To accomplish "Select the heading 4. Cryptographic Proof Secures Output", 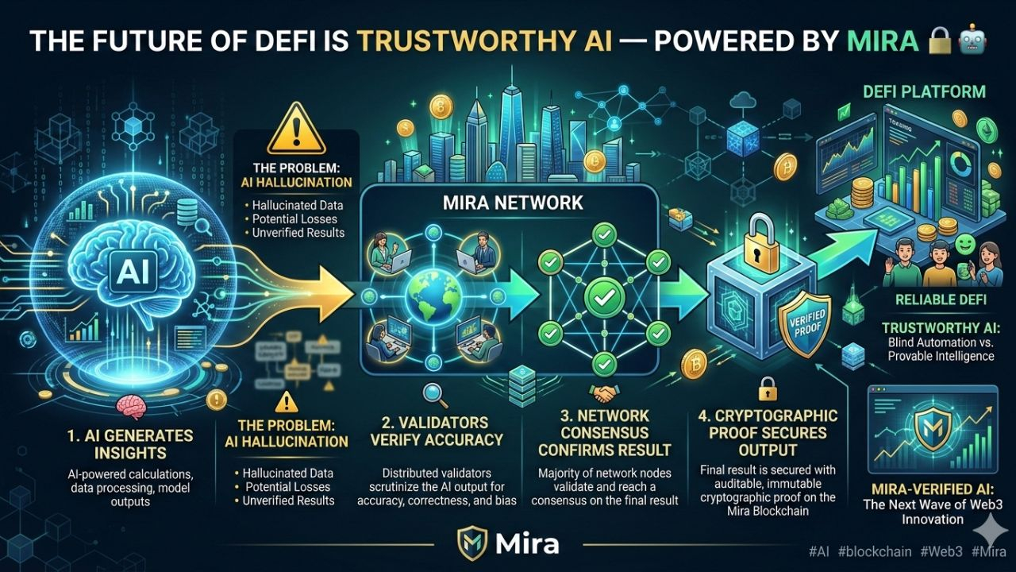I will click(x=767, y=433).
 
